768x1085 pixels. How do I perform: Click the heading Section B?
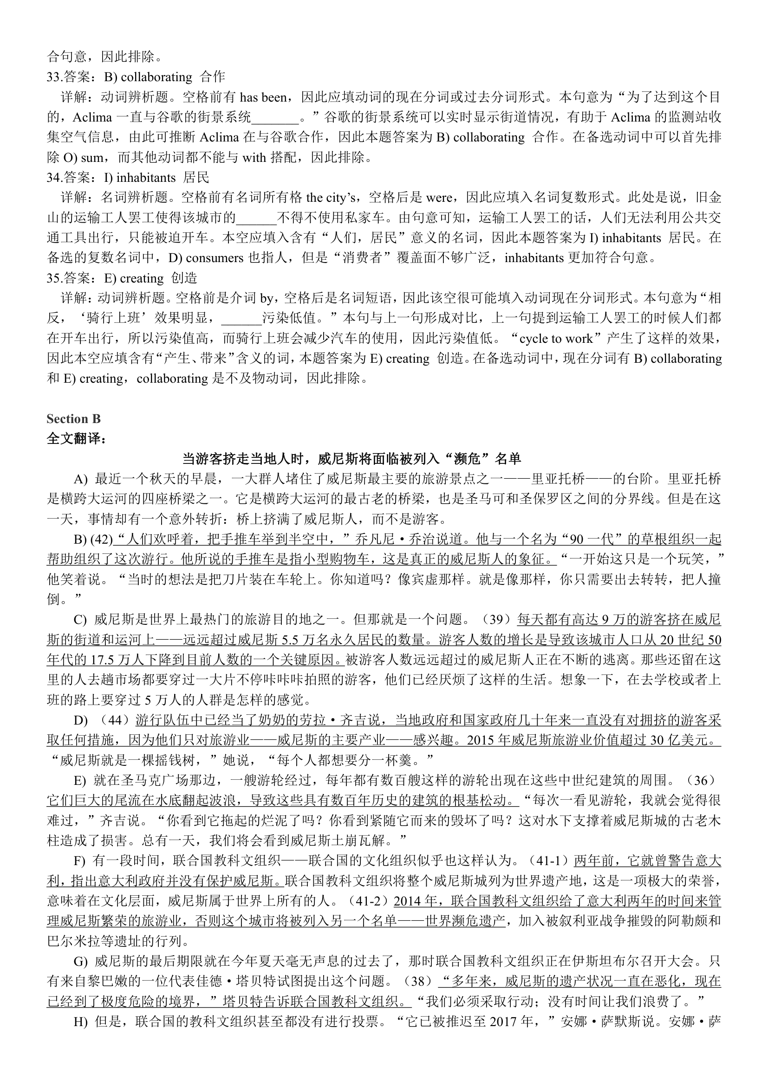[73, 419]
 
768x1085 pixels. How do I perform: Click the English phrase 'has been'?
[263, 97]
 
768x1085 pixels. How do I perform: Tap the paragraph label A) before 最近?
[80, 479]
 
